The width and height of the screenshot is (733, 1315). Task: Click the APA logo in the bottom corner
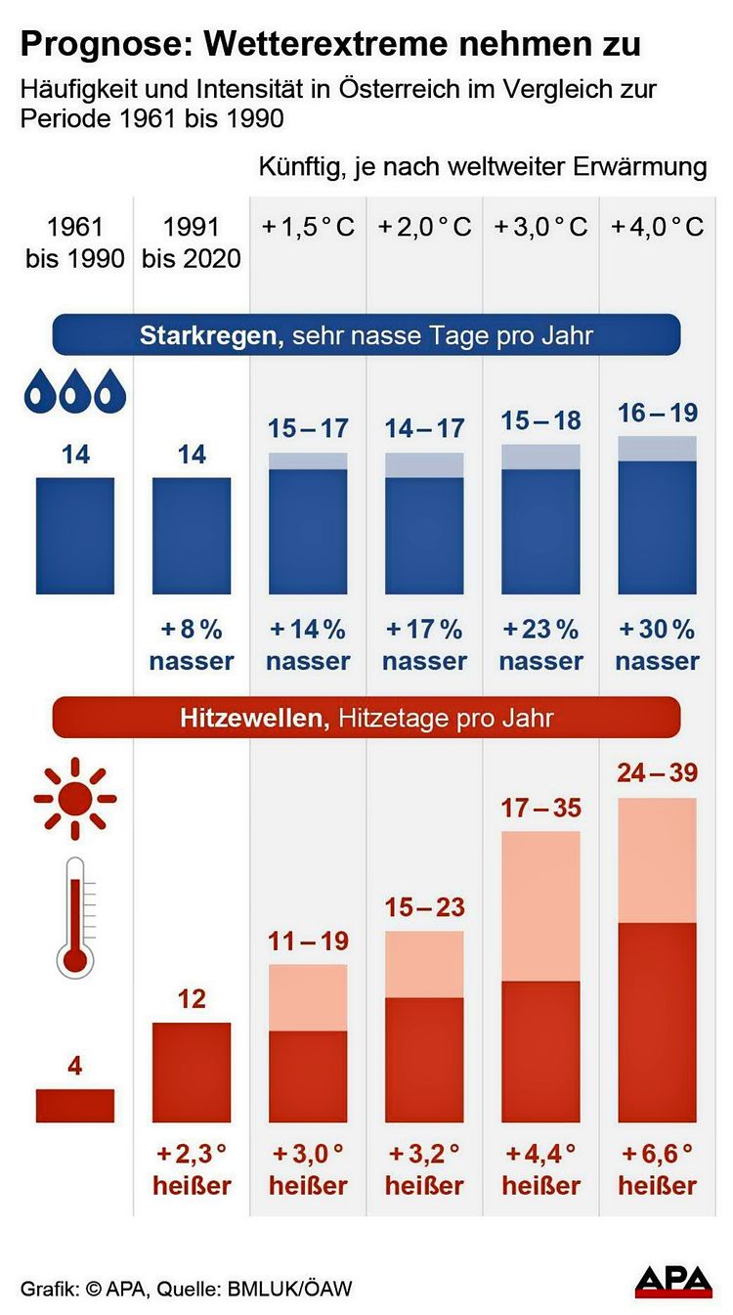673,1281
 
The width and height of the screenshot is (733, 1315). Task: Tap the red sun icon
75,798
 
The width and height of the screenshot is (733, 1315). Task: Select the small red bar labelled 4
75,1105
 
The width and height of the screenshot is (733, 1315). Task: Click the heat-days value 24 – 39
657,773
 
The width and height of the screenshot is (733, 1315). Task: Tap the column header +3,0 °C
540,227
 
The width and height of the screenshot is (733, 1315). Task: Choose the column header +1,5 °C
308,227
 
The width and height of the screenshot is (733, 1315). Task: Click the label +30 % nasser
657,644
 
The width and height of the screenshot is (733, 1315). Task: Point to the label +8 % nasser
192,644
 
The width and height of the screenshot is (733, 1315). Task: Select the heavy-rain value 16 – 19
657,413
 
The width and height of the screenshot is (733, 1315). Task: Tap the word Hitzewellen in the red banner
251,719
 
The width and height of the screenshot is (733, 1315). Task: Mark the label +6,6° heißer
657,1169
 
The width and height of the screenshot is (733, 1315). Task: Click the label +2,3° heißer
192,1169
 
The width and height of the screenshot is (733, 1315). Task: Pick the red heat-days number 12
192,999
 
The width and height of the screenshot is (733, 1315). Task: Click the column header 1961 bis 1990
75,242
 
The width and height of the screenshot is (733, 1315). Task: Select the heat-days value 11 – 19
308,942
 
